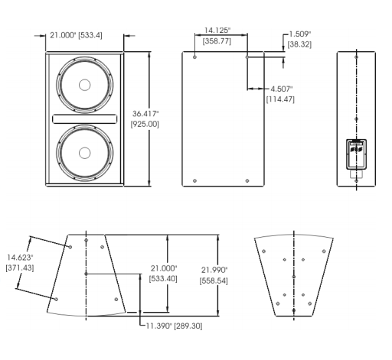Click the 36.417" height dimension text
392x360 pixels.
pyautogui.click(x=145, y=114)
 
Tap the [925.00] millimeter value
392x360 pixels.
pyautogui.click(x=145, y=125)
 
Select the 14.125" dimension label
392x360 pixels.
pyautogui.click(x=217, y=31)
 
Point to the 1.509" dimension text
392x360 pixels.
pyautogui.click(x=300, y=34)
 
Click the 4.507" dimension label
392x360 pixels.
pyautogui.click(x=282, y=89)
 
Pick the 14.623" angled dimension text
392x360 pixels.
pyautogui.click(x=20, y=258)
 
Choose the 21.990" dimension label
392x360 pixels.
pyautogui.click(x=214, y=270)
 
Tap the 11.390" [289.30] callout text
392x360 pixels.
pyautogui.click(x=175, y=326)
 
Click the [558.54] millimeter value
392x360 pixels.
pyautogui.click(x=214, y=281)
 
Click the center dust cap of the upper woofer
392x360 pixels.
pyautogui.click(x=84, y=85)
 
